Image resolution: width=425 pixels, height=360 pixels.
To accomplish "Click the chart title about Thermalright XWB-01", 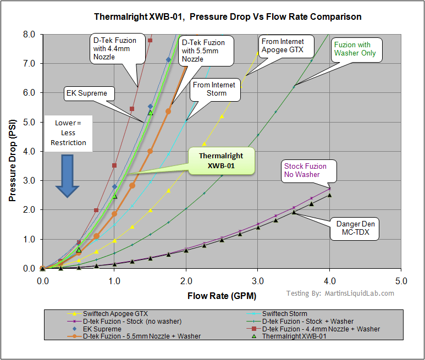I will (228, 16).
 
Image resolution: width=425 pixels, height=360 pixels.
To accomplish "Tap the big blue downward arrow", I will (67, 175).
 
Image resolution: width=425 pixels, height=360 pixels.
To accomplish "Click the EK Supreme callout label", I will (86, 93).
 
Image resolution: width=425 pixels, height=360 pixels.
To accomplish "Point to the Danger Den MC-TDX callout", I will (356, 229).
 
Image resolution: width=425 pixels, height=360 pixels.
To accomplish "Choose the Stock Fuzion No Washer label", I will (305, 170).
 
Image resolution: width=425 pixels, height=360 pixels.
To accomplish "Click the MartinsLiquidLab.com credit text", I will (340, 293).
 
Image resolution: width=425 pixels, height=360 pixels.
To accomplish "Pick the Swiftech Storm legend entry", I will (285, 313).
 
